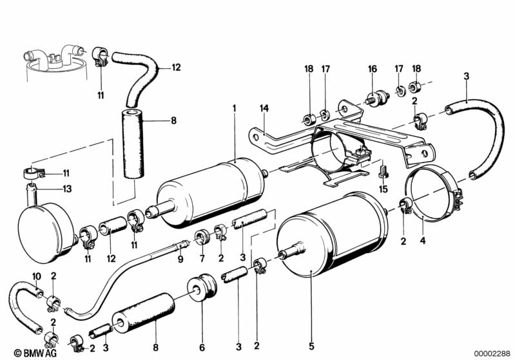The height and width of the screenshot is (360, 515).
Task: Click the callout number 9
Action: tap(180, 259)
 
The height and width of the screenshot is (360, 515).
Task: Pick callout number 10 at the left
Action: tap(36, 276)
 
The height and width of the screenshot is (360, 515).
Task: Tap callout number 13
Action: tap(68, 189)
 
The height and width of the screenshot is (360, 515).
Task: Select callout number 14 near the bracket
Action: tap(263, 108)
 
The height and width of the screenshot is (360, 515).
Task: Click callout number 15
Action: tap(382, 189)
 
